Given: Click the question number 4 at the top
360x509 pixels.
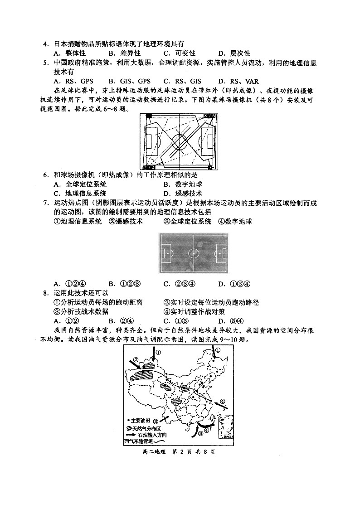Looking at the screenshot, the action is pos(45,44).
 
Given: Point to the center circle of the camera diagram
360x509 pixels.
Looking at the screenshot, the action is pos(180,142).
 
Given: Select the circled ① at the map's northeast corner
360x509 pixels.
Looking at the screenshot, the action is pos(217,350).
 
